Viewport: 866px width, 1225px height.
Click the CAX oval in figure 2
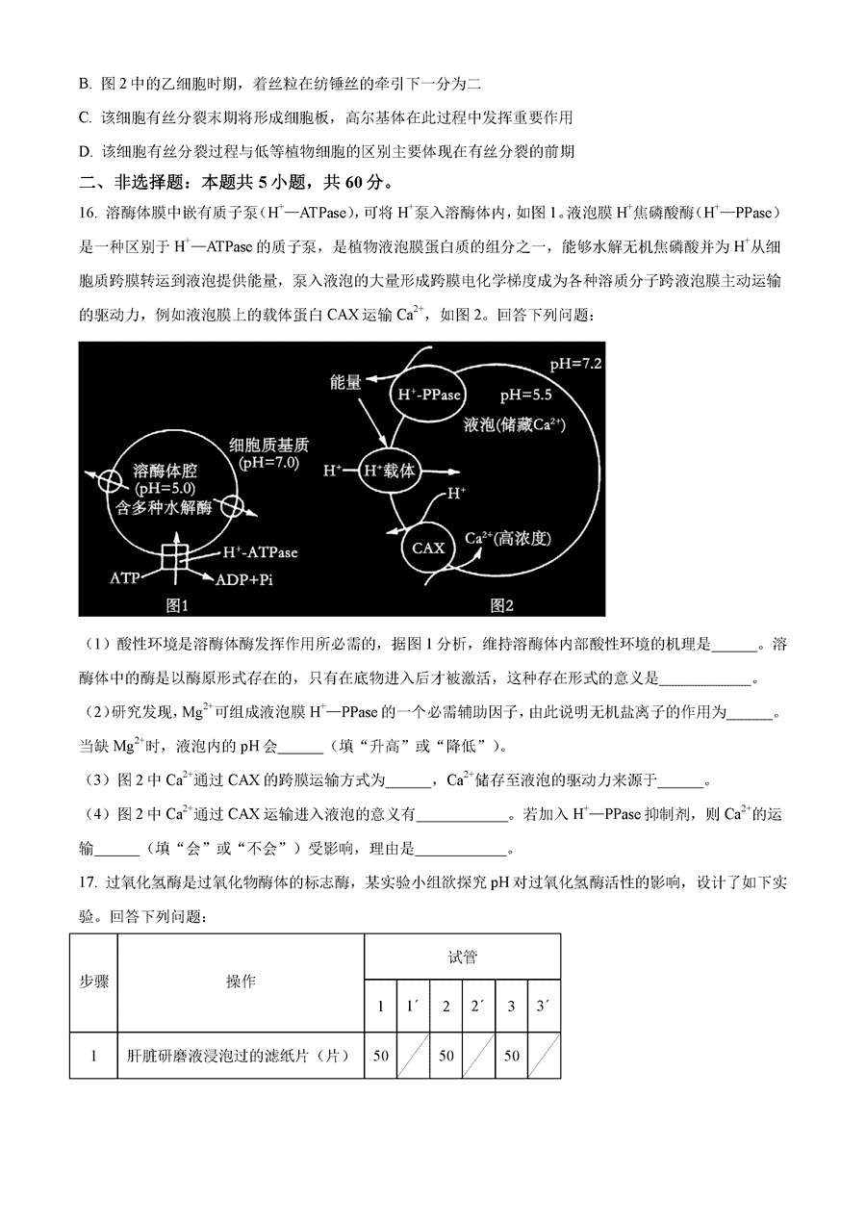pyautogui.click(x=428, y=547)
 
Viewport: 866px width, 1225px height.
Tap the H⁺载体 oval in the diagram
pyautogui.click(x=390, y=472)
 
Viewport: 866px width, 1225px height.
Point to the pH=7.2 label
pyautogui.click(x=575, y=364)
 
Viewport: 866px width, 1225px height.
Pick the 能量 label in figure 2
pyautogui.click(x=344, y=382)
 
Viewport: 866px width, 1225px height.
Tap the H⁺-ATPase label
pyautogui.click(x=260, y=552)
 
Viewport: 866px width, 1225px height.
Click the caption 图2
pyautogui.click(x=501, y=604)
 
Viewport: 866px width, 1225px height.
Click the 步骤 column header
pyautogui.click(x=93, y=982)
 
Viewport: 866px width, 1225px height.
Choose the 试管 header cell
pyautogui.click(x=462, y=957)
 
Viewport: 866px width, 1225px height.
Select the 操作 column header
pyautogui.click(x=241, y=982)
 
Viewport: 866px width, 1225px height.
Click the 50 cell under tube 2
pyautogui.click(x=446, y=1056)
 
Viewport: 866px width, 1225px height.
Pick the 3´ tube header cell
pyautogui.click(x=544, y=1007)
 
